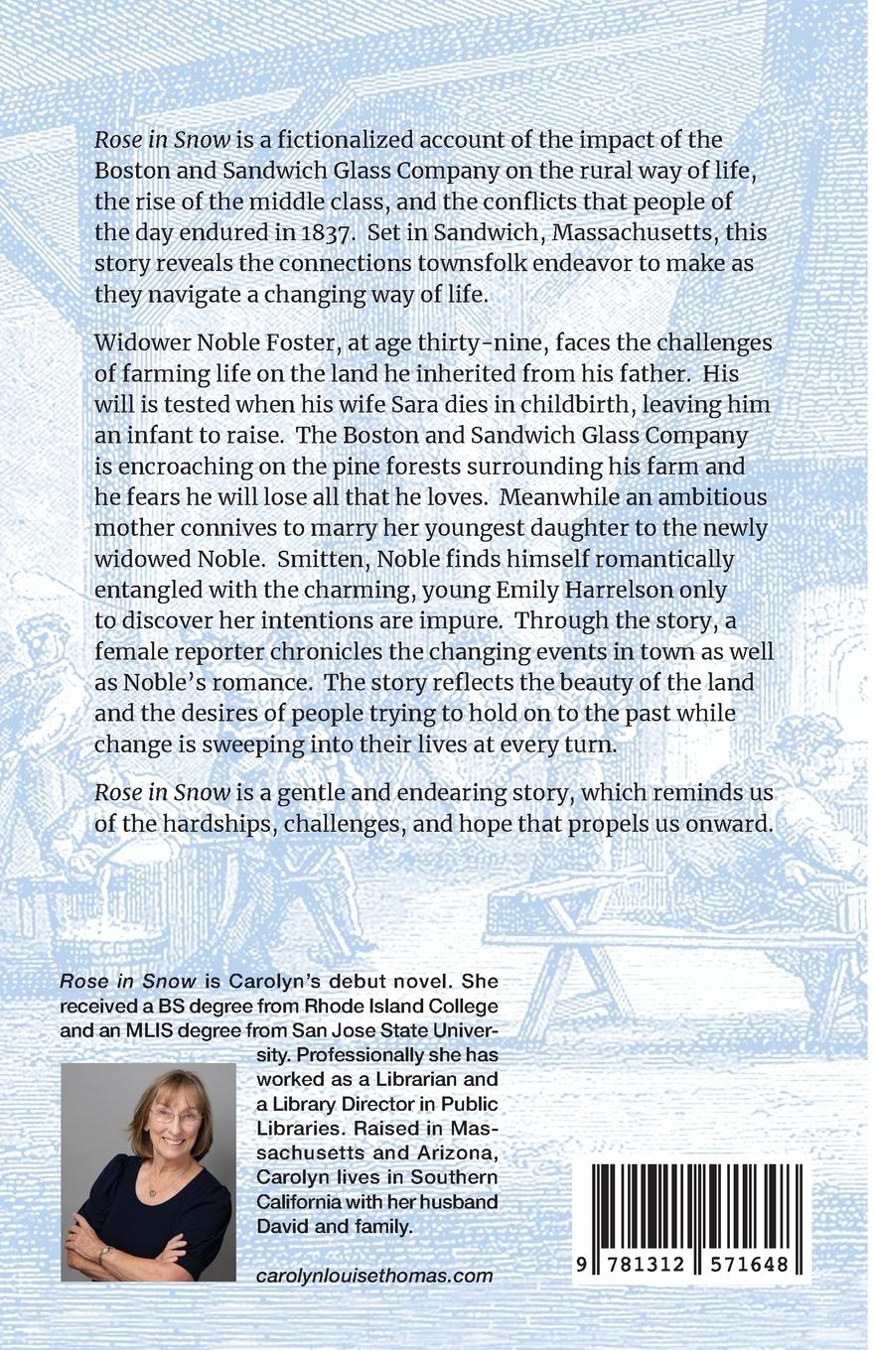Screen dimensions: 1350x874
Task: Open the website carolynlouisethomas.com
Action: pos(374,1277)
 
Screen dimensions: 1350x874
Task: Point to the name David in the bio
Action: pos(282,1227)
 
